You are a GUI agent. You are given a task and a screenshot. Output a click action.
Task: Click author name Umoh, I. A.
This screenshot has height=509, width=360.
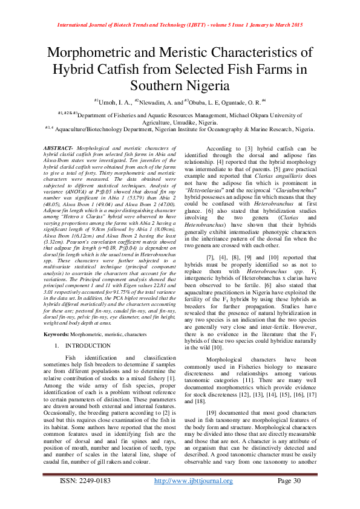(114, 102)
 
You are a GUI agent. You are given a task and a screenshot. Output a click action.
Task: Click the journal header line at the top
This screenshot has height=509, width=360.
(180, 25)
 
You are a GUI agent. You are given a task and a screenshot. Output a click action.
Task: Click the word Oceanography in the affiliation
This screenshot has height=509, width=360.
(221, 129)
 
